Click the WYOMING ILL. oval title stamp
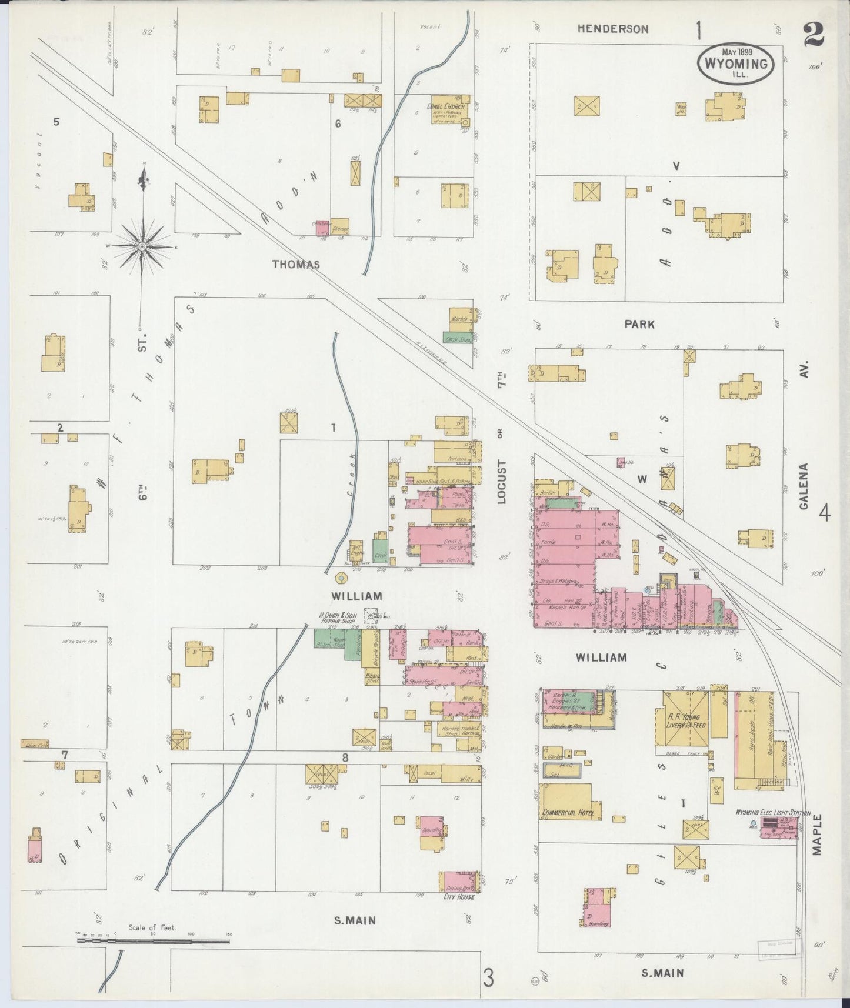pos(741,63)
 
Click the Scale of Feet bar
pos(153,942)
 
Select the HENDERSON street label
pos(612,28)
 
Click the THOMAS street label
pos(296,265)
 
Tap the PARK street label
pos(639,324)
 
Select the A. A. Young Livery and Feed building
pos(686,721)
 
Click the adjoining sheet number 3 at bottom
pos(488,979)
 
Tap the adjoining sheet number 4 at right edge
pos(825,514)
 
